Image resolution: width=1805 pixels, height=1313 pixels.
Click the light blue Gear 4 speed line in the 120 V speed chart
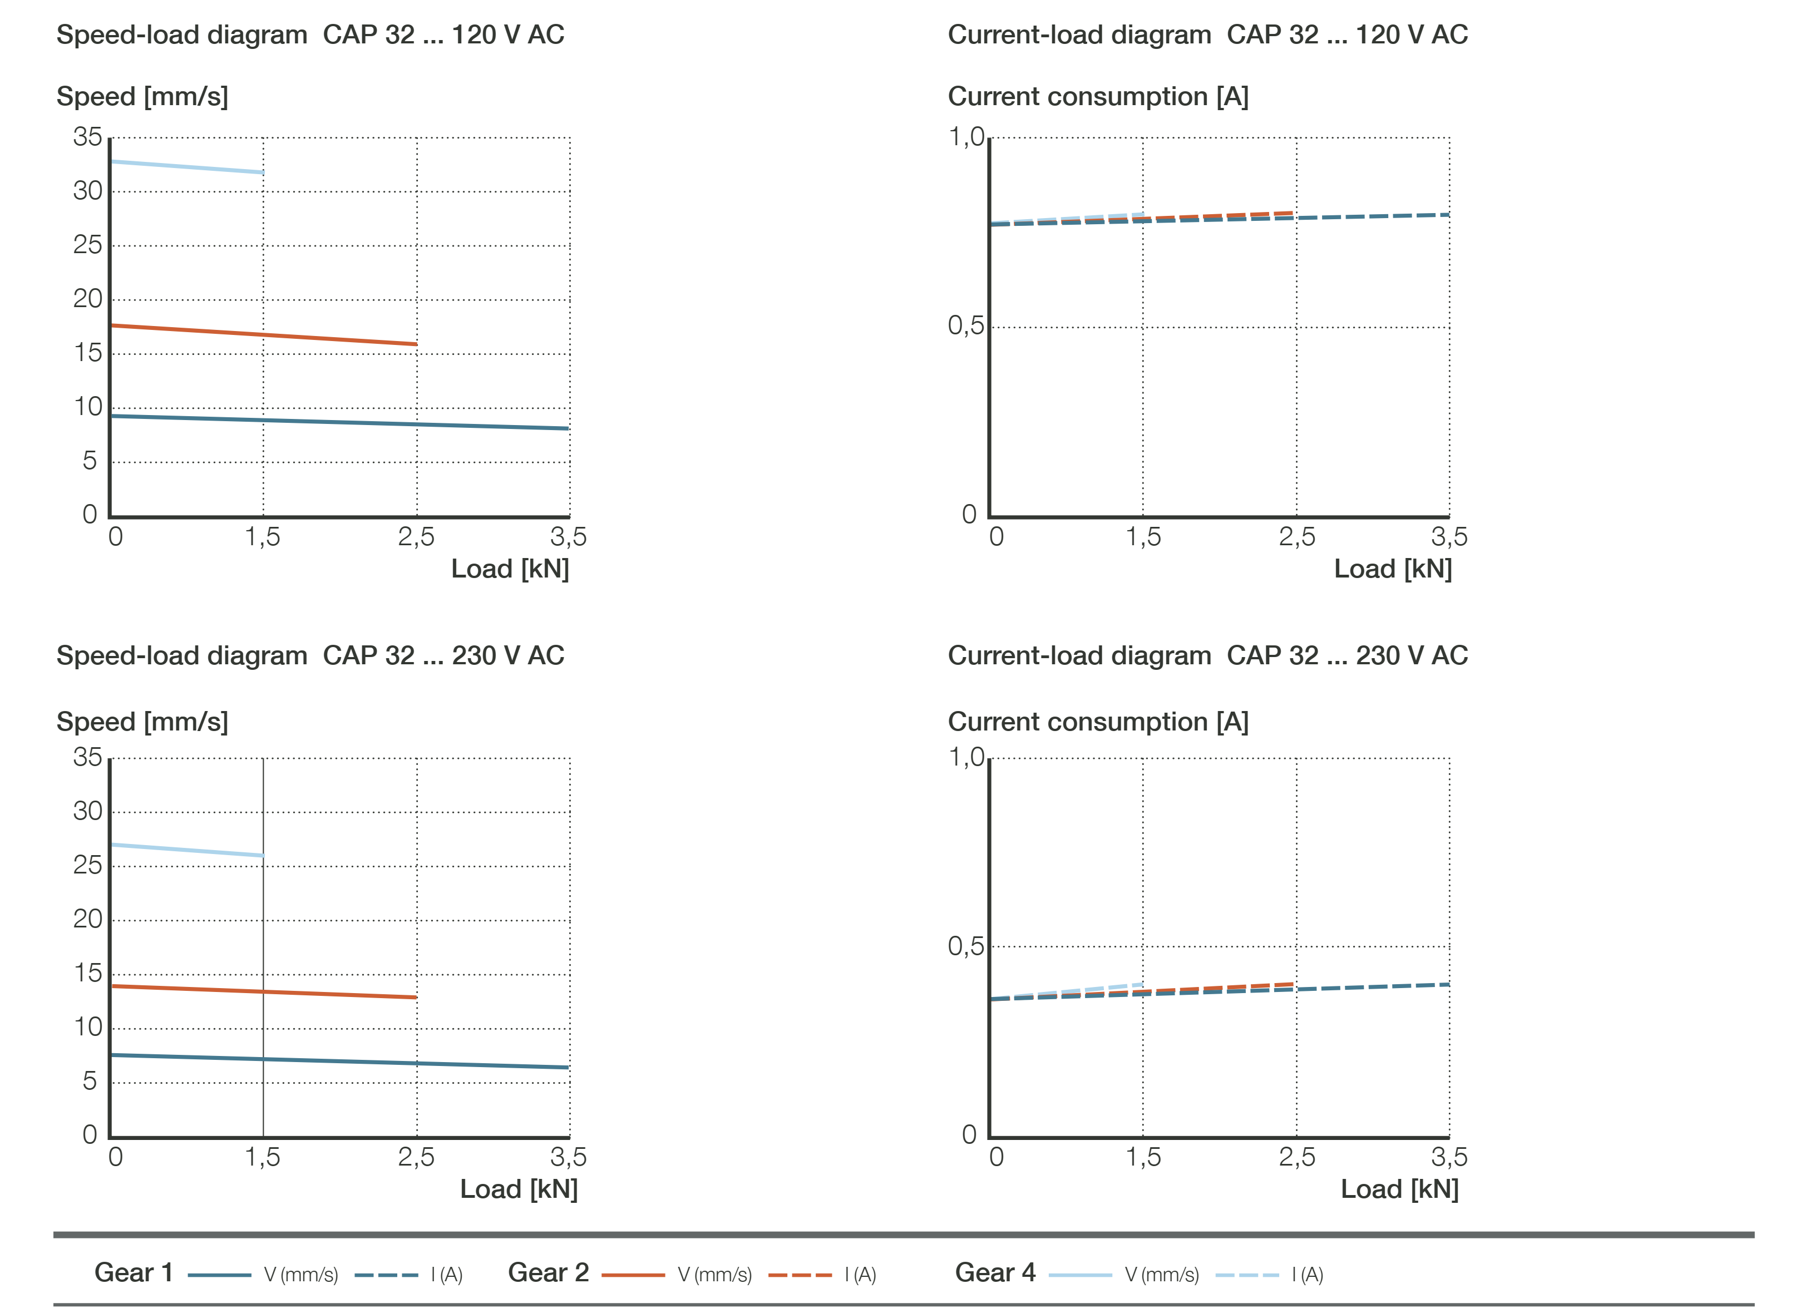187,167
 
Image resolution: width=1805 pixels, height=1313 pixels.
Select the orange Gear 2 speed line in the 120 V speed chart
263,335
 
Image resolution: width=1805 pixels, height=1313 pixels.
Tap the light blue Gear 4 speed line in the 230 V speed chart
187,850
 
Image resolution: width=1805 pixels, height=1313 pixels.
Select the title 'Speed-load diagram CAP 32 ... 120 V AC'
310,34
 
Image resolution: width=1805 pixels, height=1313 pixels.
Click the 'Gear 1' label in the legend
134,1272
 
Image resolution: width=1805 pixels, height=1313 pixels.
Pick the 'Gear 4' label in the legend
995,1272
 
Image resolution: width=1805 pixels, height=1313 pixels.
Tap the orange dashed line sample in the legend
800,1275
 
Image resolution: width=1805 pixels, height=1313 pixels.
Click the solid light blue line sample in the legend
1080,1275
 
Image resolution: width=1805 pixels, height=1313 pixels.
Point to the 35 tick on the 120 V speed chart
87,137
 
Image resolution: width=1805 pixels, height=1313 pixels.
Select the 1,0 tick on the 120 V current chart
966,137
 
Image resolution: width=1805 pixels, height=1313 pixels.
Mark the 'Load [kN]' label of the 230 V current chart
1399,1189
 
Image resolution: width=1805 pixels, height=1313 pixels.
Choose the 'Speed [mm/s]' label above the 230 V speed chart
142,721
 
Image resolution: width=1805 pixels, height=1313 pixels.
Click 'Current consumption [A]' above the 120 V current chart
1097,96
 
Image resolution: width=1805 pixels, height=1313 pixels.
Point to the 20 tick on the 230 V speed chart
87,919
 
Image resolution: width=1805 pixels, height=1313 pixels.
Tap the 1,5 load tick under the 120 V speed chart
263,536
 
